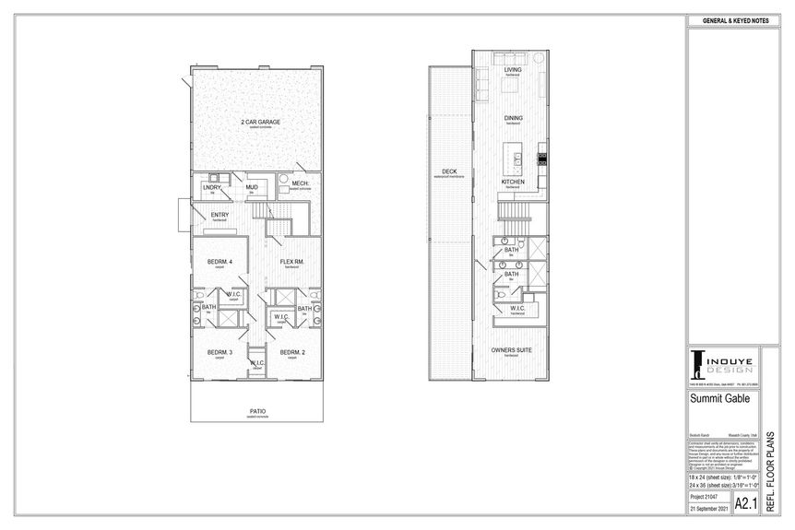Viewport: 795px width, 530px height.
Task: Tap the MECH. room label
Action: (300, 183)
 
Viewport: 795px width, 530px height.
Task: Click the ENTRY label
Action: (220, 215)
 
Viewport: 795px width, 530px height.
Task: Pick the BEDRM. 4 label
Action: (220, 262)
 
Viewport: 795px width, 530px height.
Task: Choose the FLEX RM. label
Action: (292, 262)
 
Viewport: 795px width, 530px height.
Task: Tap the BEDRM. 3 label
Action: (220, 353)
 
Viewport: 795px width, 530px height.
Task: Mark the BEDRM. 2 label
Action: (292, 353)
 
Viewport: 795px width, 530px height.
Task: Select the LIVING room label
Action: (513, 69)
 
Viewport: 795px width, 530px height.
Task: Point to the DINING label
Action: (513, 118)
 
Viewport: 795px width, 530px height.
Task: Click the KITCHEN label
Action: (513, 182)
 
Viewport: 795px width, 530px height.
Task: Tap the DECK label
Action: (449, 171)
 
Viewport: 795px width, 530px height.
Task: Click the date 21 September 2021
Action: (708, 509)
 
